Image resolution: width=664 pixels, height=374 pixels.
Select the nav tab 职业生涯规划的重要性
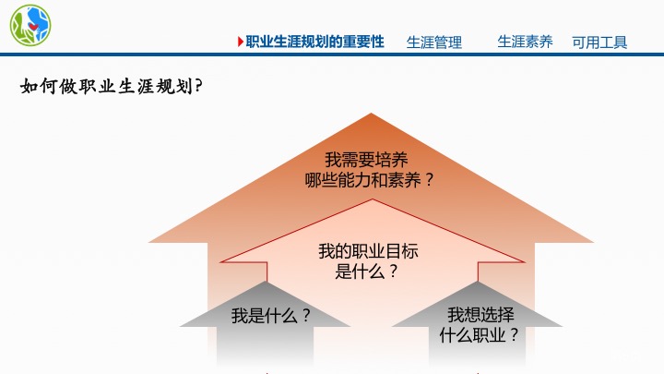pyautogui.click(x=314, y=42)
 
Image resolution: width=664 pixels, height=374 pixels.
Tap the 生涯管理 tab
pyautogui.click(x=434, y=42)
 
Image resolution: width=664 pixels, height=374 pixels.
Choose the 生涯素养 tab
pyautogui.click(x=525, y=42)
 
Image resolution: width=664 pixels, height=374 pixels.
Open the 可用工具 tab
pyautogui.click(x=599, y=42)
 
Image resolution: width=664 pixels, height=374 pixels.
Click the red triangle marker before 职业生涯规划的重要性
pyautogui.click(x=241, y=42)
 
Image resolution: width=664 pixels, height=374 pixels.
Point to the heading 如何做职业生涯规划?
pyautogui.click(x=112, y=88)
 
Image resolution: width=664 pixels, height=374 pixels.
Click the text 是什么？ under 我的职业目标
pyautogui.click(x=368, y=271)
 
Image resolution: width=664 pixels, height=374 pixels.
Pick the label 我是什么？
pyautogui.click(x=271, y=315)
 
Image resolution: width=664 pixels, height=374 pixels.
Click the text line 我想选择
pyautogui.click(x=480, y=314)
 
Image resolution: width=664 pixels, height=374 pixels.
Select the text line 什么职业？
pyautogui.click(x=480, y=334)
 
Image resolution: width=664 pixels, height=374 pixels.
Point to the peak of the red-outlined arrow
pyautogui.click(x=372, y=200)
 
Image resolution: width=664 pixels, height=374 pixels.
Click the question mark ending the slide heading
pyautogui.click(x=199, y=88)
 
